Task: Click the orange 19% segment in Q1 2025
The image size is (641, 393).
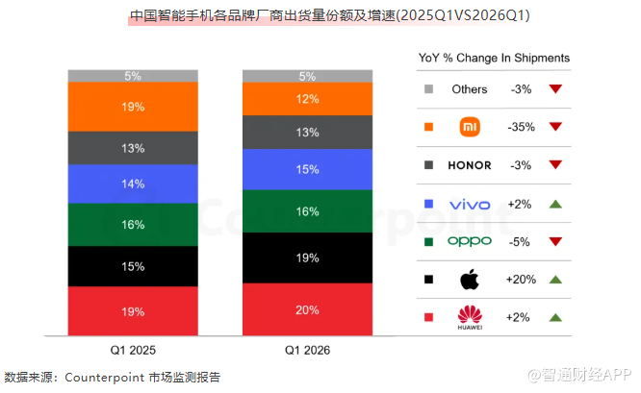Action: click(x=133, y=107)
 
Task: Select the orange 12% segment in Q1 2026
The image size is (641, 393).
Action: click(x=307, y=99)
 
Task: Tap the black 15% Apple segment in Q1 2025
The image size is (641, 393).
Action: click(x=133, y=266)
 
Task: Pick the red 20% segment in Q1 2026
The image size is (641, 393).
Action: click(x=307, y=309)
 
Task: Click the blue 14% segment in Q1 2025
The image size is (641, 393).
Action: click(x=133, y=184)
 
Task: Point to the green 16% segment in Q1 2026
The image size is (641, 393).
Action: click(x=307, y=211)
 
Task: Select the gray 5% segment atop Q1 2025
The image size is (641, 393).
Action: click(x=133, y=76)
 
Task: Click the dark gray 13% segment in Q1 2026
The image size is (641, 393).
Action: click(x=307, y=133)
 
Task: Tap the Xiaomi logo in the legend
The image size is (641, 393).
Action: click(x=470, y=127)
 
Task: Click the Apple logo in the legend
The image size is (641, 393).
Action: click(x=470, y=280)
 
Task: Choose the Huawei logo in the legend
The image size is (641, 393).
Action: click(x=470, y=317)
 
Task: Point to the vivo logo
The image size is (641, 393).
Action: click(x=470, y=205)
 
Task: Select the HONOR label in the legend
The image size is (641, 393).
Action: click(x=470, y=165)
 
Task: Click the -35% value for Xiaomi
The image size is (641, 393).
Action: click(x=522, y=127)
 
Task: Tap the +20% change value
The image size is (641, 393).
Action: click(x=521, y=280)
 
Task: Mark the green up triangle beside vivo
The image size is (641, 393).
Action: click(x=555, y=204)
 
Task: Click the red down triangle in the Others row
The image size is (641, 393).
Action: click(x=555, y=88)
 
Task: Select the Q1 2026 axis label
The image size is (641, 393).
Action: click(x=307, y=350)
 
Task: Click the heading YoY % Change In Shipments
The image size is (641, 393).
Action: click(x=494, y=58)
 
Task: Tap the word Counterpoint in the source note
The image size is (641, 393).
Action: click(x=105, y=378)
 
